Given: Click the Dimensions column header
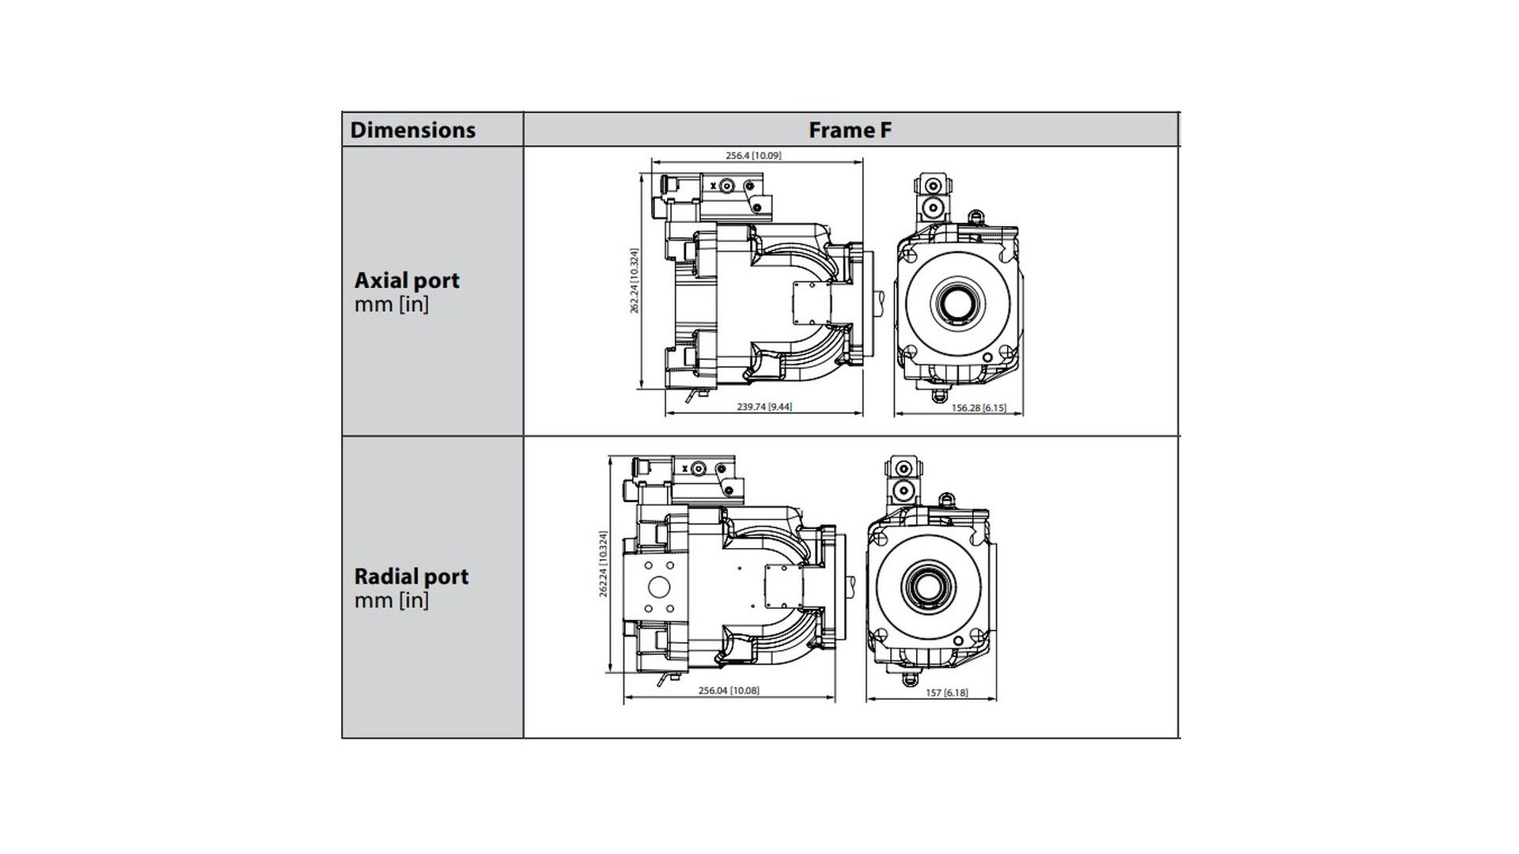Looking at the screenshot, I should (x=412, y=130).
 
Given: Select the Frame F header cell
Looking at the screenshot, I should (x=850, y=130).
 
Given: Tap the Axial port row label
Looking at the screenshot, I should (x=407, y=280).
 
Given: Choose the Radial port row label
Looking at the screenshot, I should (x=411, y=576).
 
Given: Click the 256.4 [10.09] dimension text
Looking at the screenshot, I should (x=753, y=156).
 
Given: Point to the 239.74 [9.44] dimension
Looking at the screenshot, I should (x=764, y=406).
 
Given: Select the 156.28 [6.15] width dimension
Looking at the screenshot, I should (x=979, y=408).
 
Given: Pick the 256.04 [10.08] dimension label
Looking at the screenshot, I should (x=729, y=690).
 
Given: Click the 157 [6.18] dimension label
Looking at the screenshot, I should (x=946, y=693).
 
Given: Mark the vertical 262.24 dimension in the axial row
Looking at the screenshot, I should (x=634, y=281).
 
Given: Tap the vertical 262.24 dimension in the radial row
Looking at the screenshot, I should (x=603, y=564).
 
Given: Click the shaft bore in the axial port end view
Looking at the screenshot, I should (x=958, y=303).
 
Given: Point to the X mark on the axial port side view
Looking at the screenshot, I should (x=713, y=185).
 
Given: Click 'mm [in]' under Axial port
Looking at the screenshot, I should (x=392, y=304).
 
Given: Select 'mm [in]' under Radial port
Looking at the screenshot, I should (x=392, y=600).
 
